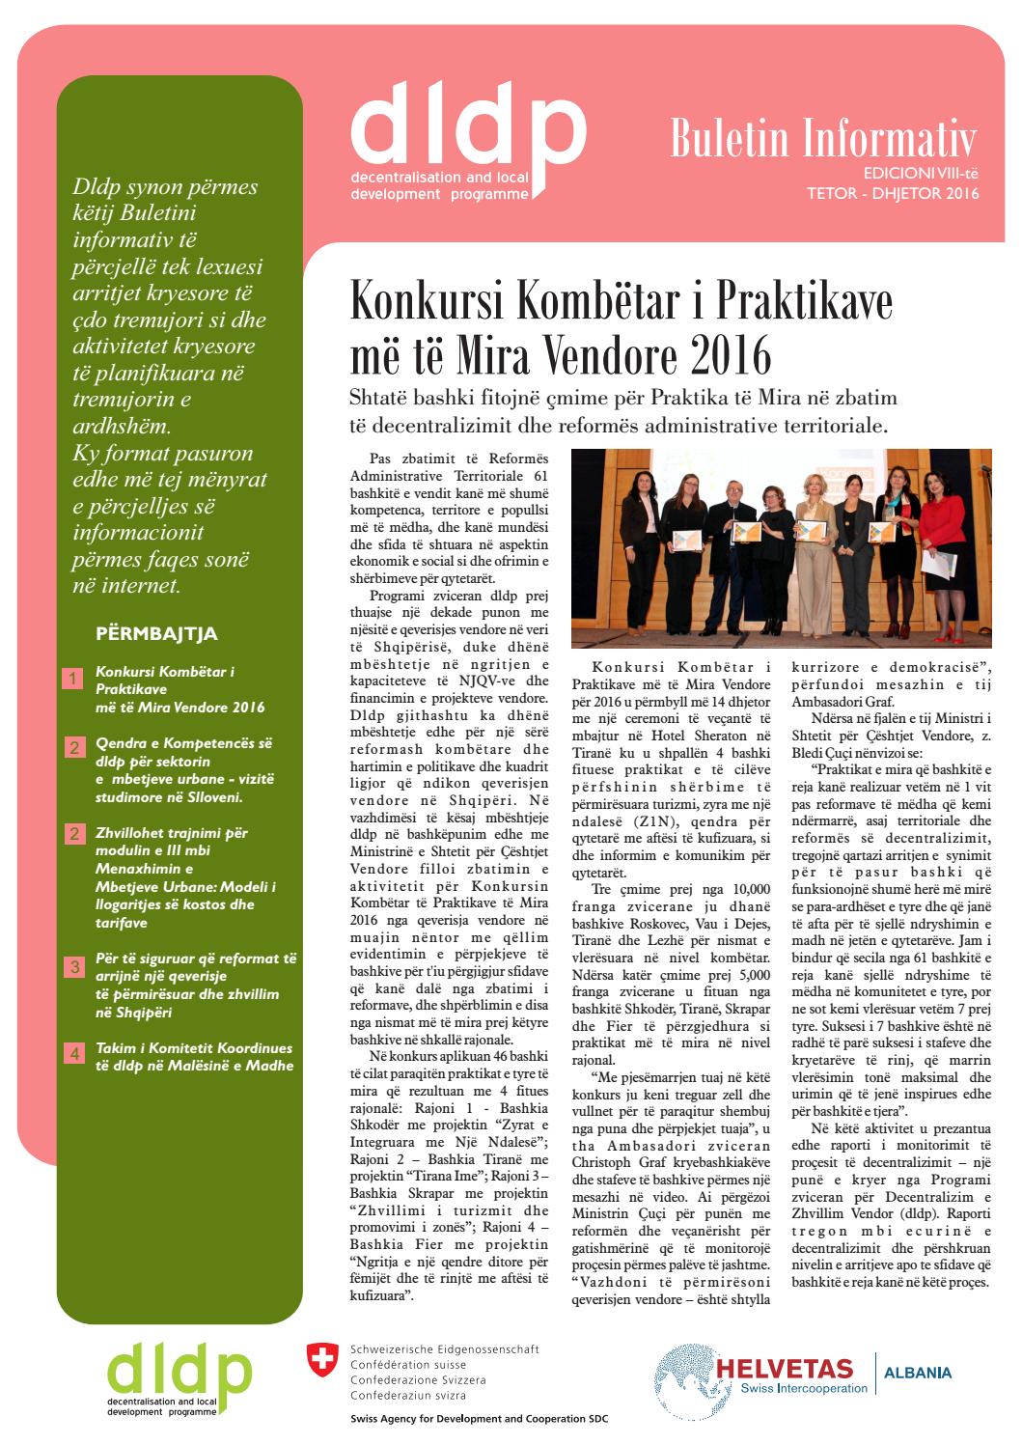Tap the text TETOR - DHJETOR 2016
[893, 193]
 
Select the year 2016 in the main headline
[731, 356]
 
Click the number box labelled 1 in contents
[72, 680]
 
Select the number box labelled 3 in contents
[72, 967]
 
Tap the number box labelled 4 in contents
[72, 1055]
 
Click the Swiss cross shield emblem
[318, 1359]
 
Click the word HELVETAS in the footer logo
[785, 1369]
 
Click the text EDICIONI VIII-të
[921, 175]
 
